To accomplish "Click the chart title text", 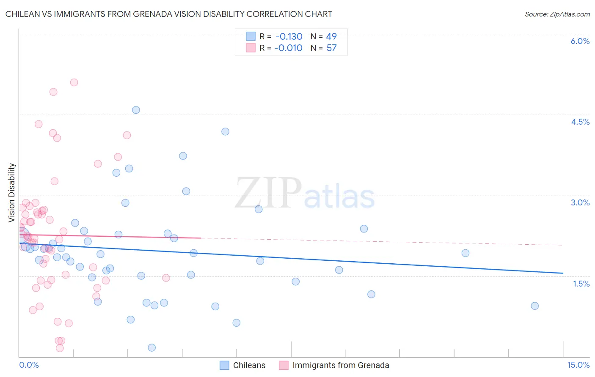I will [x=168, y=14].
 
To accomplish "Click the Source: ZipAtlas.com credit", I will [x=557, y=14].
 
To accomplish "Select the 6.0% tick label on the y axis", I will [x=580, y=41].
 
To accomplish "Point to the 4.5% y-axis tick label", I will [x=580, y=122].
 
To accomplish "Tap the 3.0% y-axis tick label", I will [x=580, y=202].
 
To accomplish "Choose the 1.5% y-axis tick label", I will [x=581, y=284].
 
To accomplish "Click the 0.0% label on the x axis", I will [x=29, y=365].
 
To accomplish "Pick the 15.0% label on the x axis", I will [x=578, y=365].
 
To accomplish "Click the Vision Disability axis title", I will [x=12, y=193].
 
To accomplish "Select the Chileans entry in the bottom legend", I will [x=249, y=365].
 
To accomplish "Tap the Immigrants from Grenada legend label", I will [x=341, y=365].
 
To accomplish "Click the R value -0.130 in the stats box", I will [x=289, y=36].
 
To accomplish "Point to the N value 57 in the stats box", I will [x=331, y=48].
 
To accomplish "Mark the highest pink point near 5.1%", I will [x=74, y=82].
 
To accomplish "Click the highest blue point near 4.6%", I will [x=136, y=110].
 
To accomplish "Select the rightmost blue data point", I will [x=534, y=306].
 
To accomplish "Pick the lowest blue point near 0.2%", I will [x=152, y=347].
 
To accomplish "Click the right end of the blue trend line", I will [x=563, y=273].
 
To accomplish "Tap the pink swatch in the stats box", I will [x=251, y=48].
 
